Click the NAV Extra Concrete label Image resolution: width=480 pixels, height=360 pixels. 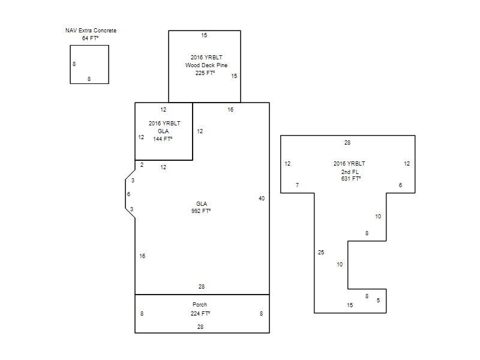tap(91, 31)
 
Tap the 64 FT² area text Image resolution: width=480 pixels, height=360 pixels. tap(91, 38)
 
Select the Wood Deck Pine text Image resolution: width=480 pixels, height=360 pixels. tap(206, 65)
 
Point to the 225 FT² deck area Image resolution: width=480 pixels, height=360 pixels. tap(205, 73)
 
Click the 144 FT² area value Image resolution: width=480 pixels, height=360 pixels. tap(163, 139)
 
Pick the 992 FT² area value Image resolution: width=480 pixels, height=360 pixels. tap(201, 211)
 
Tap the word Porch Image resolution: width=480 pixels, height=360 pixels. tap(200, 305)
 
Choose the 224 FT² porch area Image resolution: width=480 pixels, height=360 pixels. tap(200, 313)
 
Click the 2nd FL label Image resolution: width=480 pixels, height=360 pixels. tap(350, 172)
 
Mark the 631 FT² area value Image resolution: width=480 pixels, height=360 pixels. tap(351, 178)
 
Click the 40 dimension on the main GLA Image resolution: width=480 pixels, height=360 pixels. tap(262, 199)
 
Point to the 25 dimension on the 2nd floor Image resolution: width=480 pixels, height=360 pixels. tap(321, 253)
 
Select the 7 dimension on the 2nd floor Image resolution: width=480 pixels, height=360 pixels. tap(297, 185)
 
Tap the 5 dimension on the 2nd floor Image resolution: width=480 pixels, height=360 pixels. tap(379, 301)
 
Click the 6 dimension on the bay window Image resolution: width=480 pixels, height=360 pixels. tap(128, 194)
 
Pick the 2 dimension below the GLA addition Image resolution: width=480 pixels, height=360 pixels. tap(142, 165)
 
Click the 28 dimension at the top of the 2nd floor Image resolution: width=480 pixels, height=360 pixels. tap(347, 143)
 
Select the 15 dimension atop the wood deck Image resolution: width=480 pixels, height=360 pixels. tap(204, 35)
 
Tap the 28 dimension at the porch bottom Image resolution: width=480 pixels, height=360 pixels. tap(200, 327)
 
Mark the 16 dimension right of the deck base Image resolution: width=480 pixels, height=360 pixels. tap(230, 110)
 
